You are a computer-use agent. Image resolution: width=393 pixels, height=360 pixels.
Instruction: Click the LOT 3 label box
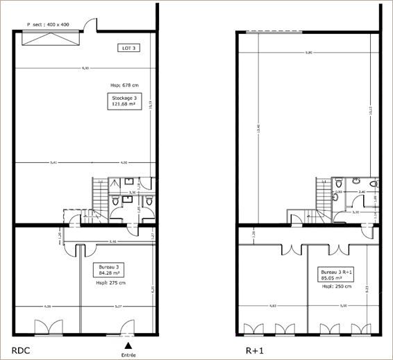tap(127, 48)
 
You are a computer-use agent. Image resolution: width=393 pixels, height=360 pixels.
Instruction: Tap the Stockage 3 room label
tap(124, 102)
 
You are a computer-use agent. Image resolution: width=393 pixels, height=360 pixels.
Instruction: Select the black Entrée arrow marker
tap(128, 345)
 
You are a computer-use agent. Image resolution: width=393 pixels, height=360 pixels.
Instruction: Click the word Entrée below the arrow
tap(128, 354)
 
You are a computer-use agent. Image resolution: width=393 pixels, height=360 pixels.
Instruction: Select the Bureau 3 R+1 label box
tap(336, 275)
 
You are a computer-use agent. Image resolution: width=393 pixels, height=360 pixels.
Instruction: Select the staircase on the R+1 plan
tap(322, 192)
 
